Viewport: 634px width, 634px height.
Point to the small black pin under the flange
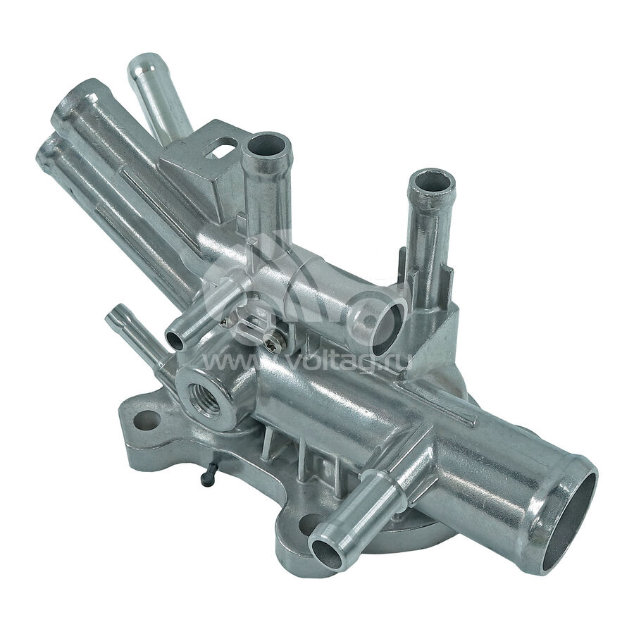click(207, 479)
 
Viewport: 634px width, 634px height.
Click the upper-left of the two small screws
click(228, 321)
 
